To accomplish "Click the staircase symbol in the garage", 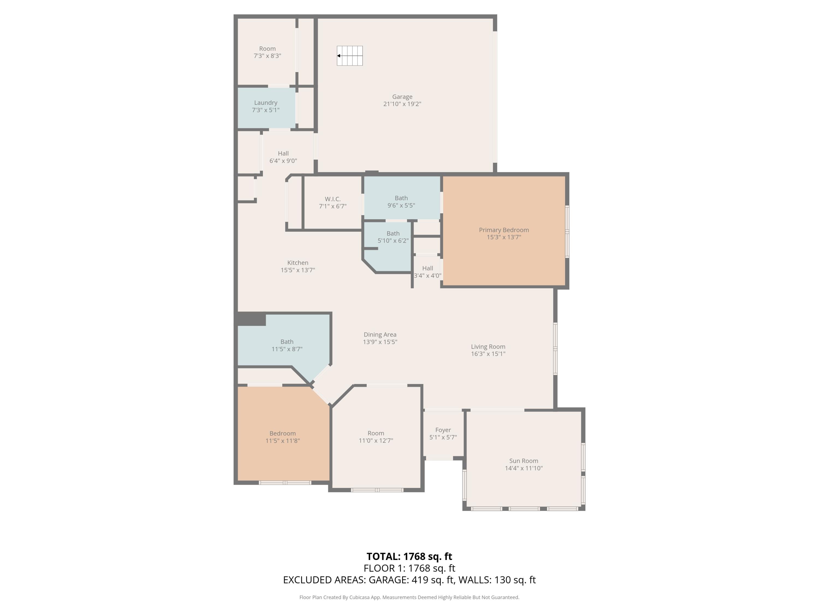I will click(x=349, y=56).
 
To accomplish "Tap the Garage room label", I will click(x=402, y=97).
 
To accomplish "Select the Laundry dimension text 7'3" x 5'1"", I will click(x=265, y=110).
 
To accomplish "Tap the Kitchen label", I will click(x=298, y=263).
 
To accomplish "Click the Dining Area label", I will click(x=380, y=335).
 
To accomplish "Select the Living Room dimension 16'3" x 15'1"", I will click(x=488, y=354).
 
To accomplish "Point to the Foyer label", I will click(x=443, y=430).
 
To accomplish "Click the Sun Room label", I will click(x=524, y=461).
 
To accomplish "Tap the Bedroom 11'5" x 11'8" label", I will click(x=283, y=433).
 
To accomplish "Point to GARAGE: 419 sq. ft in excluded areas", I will click(x=411, y=580).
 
